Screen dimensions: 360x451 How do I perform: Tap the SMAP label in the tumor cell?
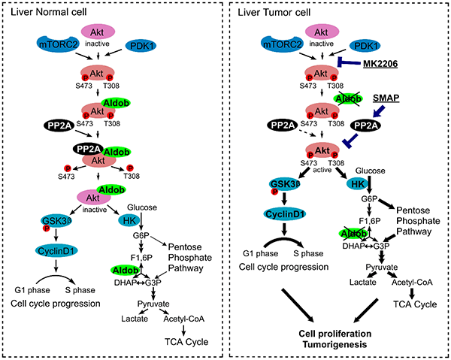[x=407, y=98]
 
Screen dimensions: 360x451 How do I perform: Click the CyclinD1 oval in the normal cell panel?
[x=59, y=250]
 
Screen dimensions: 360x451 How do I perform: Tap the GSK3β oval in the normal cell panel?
[x=58, y=221]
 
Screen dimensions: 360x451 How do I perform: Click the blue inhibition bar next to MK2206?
[x=353, y=64]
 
